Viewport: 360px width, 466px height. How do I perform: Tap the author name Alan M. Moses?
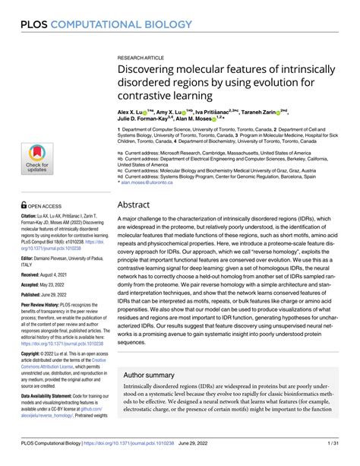[x=201, y=118]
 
